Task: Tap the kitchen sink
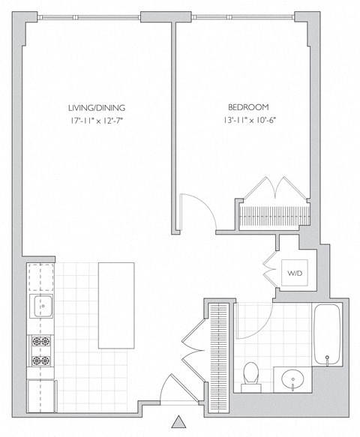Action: (x=41, y=305)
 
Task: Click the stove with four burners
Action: (x=41, y=351)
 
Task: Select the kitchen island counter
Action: (x=114, y=304)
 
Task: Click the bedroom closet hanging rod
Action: (x=273, y=215)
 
